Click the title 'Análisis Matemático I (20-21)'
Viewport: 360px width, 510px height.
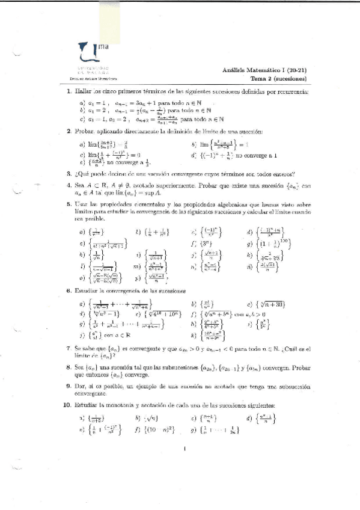point(264,70)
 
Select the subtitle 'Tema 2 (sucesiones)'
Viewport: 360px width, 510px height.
point(279,79)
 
